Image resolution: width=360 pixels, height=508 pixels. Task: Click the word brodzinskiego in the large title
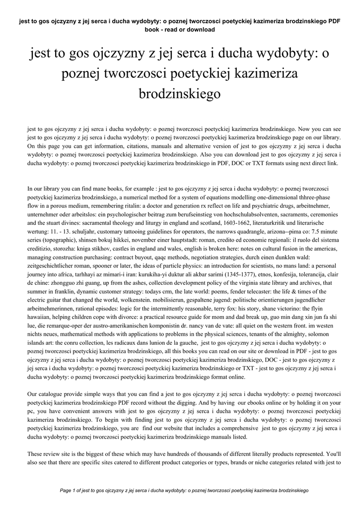click(180, 93)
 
